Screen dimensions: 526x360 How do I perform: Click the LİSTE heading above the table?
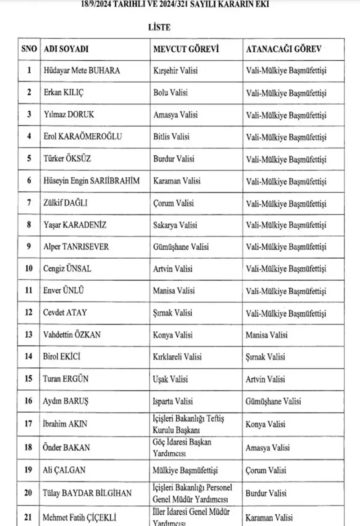[x=159, y=28]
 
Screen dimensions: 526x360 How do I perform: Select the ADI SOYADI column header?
[x=65, y=49]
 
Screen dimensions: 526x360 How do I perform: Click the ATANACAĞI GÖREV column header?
[x=283, y=49]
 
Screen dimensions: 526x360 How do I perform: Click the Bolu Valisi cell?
[x=171, y=93]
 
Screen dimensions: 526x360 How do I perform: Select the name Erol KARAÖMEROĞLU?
[x=81, y=137]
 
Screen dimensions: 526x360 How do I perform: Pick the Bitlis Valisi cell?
[x=171, y=137]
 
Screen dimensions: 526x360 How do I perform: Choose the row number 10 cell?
[x=29, y=269]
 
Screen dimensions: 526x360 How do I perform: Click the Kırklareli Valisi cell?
[x=177, y=357]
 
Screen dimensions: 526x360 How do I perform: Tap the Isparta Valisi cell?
[x=173, y=401]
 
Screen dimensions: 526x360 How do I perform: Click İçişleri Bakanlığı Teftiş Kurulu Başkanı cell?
[x=189, y=424]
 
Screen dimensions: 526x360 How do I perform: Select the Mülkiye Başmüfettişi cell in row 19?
[x=185, y=471]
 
